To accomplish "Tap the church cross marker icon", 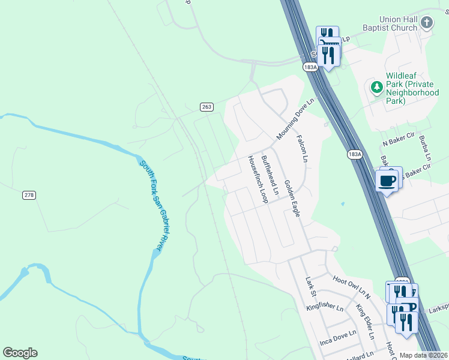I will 427,23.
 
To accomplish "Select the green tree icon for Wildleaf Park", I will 376,88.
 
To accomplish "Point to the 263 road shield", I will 206,107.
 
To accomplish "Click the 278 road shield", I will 29,195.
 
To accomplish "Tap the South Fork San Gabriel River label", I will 152,205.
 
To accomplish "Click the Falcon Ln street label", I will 302,148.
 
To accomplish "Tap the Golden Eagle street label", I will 292,199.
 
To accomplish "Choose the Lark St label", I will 310,287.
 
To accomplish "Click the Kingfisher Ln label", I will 324,308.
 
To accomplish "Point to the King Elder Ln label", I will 364,322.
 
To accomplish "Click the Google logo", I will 20,353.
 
